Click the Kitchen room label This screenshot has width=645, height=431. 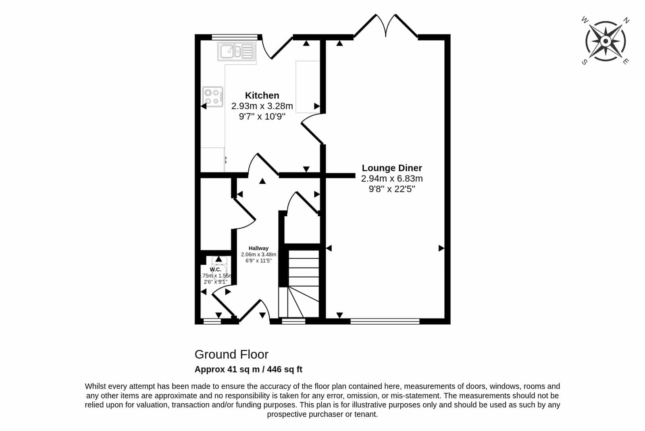262,95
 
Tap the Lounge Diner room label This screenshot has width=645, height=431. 392,168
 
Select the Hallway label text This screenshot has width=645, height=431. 258,248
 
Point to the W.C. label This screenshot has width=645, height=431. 215,269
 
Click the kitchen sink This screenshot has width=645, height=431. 237,52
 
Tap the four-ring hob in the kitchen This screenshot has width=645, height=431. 213,97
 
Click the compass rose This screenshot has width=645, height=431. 605,41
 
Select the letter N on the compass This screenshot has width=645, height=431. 626,21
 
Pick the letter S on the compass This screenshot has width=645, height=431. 585,62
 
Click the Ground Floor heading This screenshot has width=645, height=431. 231,354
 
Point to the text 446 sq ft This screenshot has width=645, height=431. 285,369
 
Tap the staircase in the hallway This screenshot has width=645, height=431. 299,284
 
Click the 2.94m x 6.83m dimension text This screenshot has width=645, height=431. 392,178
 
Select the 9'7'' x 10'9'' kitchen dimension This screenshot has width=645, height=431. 262,116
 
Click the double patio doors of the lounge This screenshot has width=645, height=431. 386,25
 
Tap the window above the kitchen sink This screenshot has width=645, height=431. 235,37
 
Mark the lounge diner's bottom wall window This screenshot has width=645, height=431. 385,321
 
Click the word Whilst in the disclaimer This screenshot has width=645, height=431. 95,386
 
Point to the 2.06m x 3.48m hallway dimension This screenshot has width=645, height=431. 258,254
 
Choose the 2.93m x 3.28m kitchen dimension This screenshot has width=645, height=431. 262,106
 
